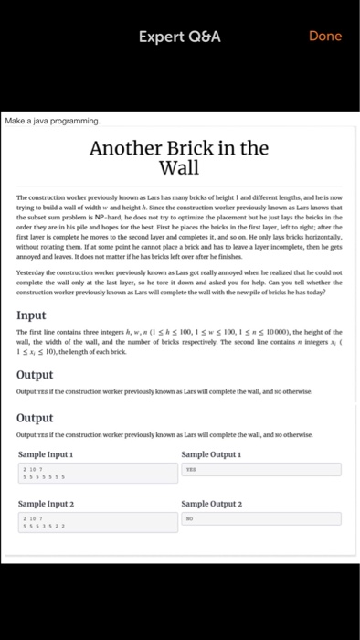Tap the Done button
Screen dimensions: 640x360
[x=325, y=36]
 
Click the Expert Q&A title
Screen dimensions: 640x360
[x=180, y=37]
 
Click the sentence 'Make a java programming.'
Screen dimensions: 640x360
[x=53, y=120]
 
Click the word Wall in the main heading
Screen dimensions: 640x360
[x=180, y=168]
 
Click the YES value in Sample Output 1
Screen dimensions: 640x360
[x=193, y=469]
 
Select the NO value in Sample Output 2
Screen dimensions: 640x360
[x=191, y=518]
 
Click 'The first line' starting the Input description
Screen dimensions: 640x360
[x=37, y=332]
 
